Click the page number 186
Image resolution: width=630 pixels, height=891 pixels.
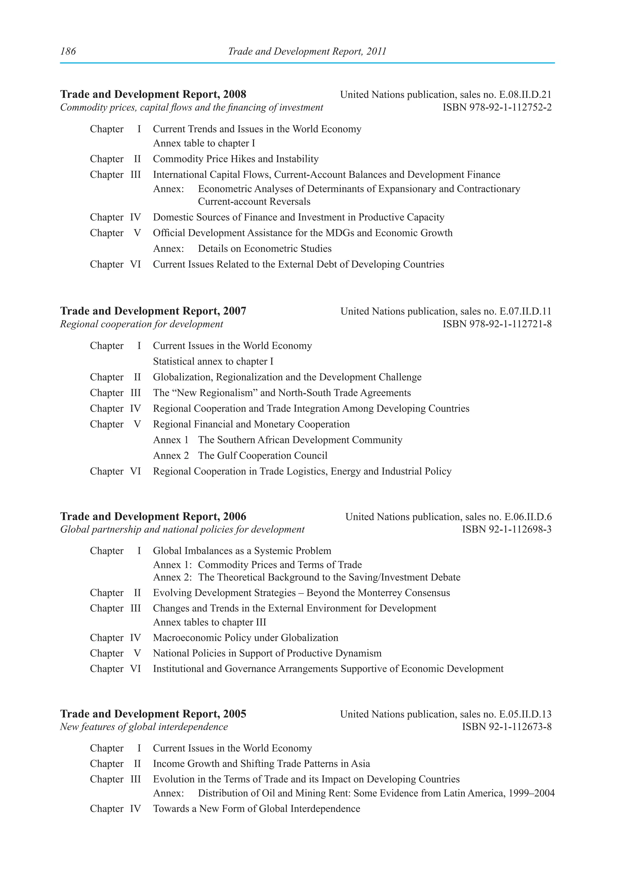[68, 52]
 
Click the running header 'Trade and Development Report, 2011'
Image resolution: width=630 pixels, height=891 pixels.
[307, 52]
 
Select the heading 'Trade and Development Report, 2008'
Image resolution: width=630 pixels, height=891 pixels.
[153, 94]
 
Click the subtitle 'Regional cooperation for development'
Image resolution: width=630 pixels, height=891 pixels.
[142, 324]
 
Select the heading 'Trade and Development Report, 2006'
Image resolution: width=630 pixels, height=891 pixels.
[153, 517]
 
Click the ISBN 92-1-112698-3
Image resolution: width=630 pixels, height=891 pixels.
[507, 529]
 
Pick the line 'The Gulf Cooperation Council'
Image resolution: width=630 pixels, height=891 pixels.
[263, 456]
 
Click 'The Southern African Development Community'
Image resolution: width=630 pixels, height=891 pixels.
[300, 440]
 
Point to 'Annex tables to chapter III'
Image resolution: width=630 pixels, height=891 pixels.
[209, 622]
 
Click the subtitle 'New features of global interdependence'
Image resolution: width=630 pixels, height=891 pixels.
[144, 727]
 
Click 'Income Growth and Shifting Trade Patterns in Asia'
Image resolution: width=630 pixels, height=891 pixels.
[261, 764]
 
